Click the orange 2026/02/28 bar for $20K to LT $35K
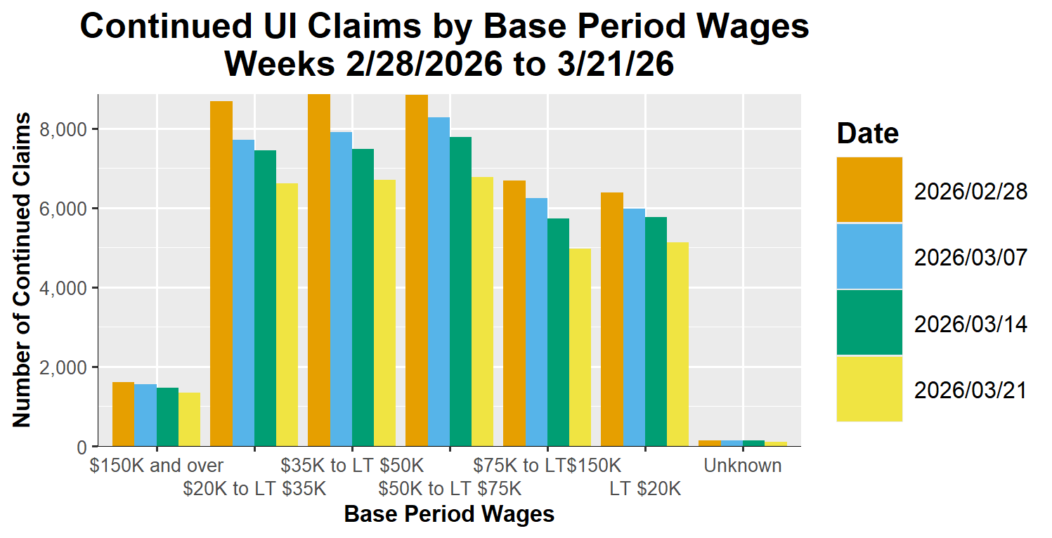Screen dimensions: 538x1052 [x=221, y=274]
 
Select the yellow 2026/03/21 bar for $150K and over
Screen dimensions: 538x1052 [x=189, y=419]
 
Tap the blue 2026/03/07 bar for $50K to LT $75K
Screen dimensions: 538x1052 [x=439, y=282]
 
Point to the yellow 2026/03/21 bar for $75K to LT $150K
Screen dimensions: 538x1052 [x=580, y=347]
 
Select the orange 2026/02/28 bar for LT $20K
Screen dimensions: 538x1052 [x=612, y=320]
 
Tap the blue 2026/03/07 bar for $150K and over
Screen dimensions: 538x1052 [x=145, y=415]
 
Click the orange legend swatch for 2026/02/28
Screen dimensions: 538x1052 [x=869, y=190]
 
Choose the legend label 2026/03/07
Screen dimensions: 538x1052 [x=970, y=257]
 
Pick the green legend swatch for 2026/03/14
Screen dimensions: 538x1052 [x=869, y=322]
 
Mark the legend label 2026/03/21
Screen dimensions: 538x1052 [x=970, y=390]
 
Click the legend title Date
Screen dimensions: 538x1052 [x=867, y=133]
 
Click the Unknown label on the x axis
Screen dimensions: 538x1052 [x=743, y=466]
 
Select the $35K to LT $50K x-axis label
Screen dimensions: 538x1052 [x=352, y=466]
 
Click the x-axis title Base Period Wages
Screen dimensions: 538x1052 [x=449, y=515]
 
